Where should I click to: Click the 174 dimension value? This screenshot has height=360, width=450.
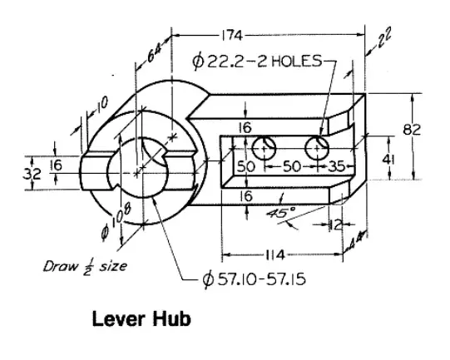pyautogui.click(x=232, y=36)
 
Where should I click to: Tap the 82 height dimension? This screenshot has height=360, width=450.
pyautogui.click(x=412, y=130)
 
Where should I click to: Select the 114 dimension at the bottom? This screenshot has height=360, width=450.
pyautogui.click(x=274, y=254)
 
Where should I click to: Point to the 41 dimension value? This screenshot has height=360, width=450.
pyautogui.click(x=388, y=160)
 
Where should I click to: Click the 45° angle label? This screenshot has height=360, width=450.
pyautogui.click(x=279, y=212)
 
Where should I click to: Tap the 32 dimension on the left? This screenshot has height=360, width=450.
pyautogui.click(x=32, y=174)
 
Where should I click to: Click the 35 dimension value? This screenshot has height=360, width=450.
pyautogui.click(x=336, y=166)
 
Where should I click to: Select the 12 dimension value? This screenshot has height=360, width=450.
pyautogui.click(x=335, y=224)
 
